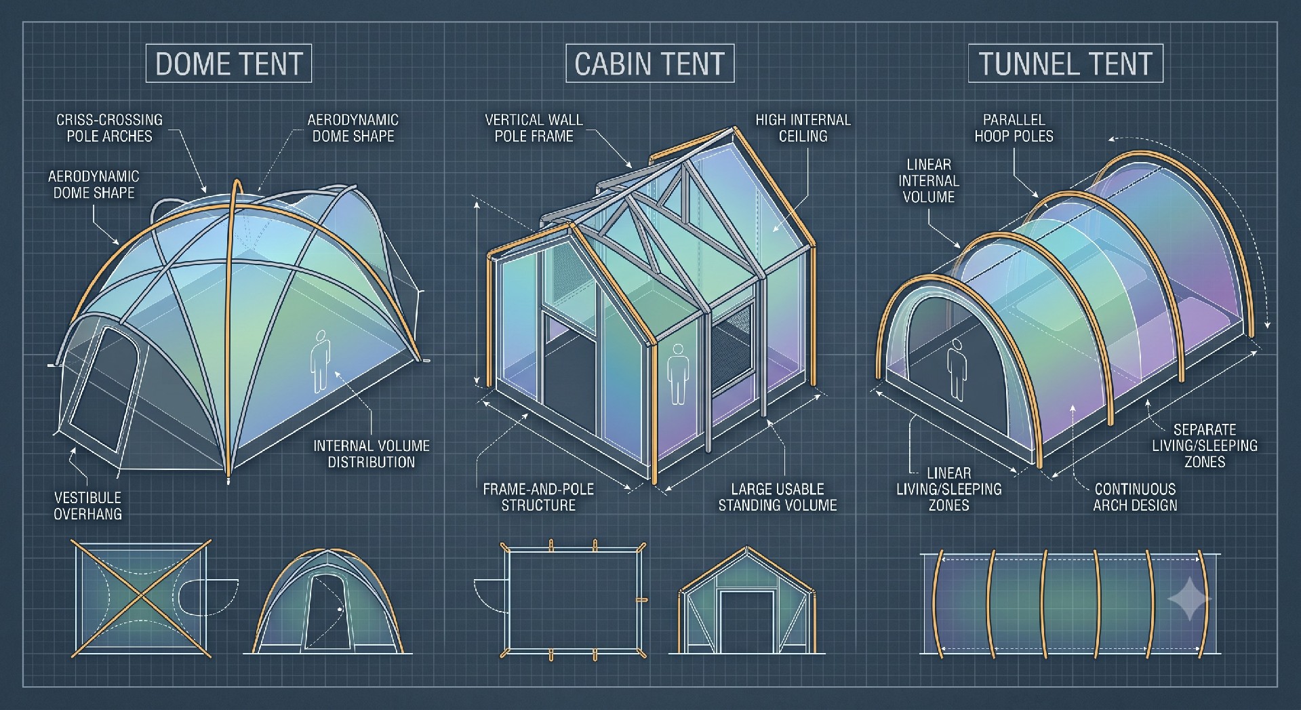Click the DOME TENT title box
pyautogui.click(x=228, y=64)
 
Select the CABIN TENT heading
pyautogui.click(x=649, y=64)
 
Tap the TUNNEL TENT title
pyautogui.click(x=1065, y=64)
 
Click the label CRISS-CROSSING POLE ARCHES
pyautogui.click(x=109, y=127)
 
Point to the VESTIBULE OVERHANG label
pyautogui.click(x=87, y=506)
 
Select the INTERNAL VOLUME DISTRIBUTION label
pyautogui.click(x=372, y=454)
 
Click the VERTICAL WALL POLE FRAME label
pyautogui.click(x=534, y=127)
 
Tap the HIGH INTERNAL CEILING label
pyautogui.click(x=803, y=127)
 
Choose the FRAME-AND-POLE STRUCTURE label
pyautogui.click(x=538, y=497)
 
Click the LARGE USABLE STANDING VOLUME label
pyautogui.click(x=778, y=497)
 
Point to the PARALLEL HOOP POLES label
pyautogui.click(x=1014, y=127)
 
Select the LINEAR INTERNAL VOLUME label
pyautogui.click(x=929, y=180)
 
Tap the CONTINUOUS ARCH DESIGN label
pyautogui.click(x=1135, y=497)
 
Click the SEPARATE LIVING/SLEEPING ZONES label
pyautogui.click(x=1205, y=446)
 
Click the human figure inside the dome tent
pyautogui.click(x=321, y=361)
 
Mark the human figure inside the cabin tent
pyautogui.click(x=677, y=374)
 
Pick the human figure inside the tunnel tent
pyautogui.click(x=956, y=370)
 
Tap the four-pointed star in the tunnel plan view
pyautogui.click(x=1188, y=599)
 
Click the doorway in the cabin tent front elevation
pyautogui.click(x=747, y=621)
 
